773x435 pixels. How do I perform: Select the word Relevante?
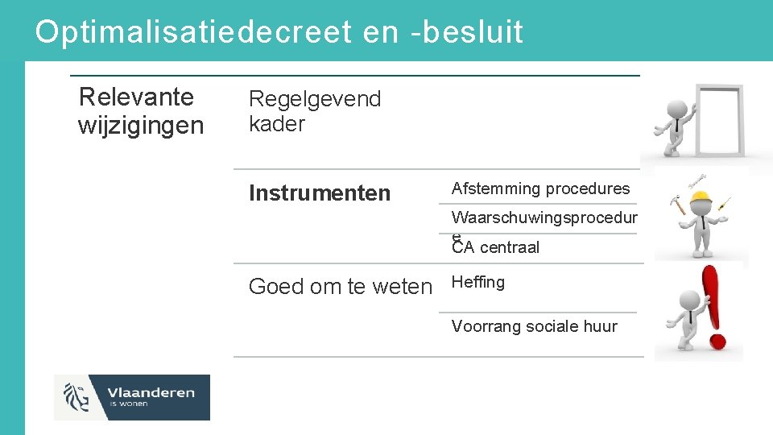(136, 97)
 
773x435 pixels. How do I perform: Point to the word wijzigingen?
(141, 126)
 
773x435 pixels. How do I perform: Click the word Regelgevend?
(315, 100)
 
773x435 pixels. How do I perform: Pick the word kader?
(277, 124)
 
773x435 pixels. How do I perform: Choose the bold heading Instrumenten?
(320, 193)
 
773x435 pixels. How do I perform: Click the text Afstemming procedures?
(540, 188)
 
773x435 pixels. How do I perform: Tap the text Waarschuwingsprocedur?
(544, 217)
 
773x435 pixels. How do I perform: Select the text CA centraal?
(496, 247)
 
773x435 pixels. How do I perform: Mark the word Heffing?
(478, 282)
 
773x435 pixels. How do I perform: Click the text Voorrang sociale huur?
(535, 326)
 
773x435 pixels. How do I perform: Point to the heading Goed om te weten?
(340, 287)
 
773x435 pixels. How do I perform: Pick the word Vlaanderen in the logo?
(151, 392)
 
